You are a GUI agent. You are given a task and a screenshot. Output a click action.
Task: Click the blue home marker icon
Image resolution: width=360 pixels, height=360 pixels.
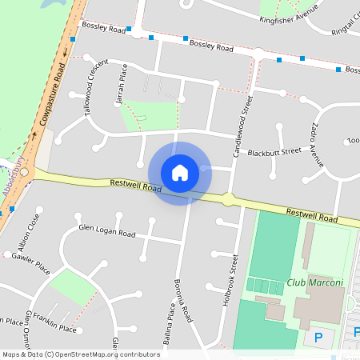(x=179, y=172)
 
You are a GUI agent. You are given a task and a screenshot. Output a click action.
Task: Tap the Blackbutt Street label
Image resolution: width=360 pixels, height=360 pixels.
(x=274, y=151)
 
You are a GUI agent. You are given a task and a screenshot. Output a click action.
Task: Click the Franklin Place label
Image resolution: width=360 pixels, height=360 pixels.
(x=58, y=329)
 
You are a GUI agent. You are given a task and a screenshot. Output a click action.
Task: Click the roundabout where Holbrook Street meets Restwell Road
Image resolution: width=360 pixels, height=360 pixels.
(x=228, y=198)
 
